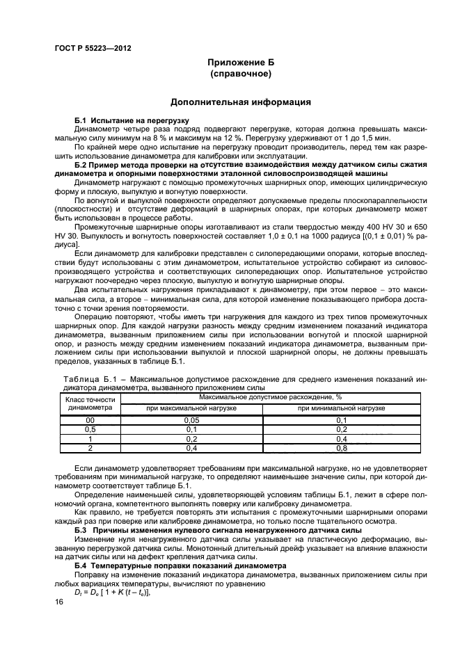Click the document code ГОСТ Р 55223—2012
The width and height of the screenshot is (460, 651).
coord(92,49)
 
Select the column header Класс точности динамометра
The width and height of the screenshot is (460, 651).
coord(89,404)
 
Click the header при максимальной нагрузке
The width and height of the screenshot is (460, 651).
coord(191,408)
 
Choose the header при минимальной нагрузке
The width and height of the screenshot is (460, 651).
coord(341,408)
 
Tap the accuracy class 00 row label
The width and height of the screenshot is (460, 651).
coord(89,420)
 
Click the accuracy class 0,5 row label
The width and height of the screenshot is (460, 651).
coord(89,429)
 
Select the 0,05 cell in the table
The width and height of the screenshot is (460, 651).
coord(191,420)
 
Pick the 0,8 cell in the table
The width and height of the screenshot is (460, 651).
coord(341,448)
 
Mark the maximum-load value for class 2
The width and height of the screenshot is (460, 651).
coord(191,448)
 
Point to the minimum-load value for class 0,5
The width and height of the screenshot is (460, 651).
coord(341,429)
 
